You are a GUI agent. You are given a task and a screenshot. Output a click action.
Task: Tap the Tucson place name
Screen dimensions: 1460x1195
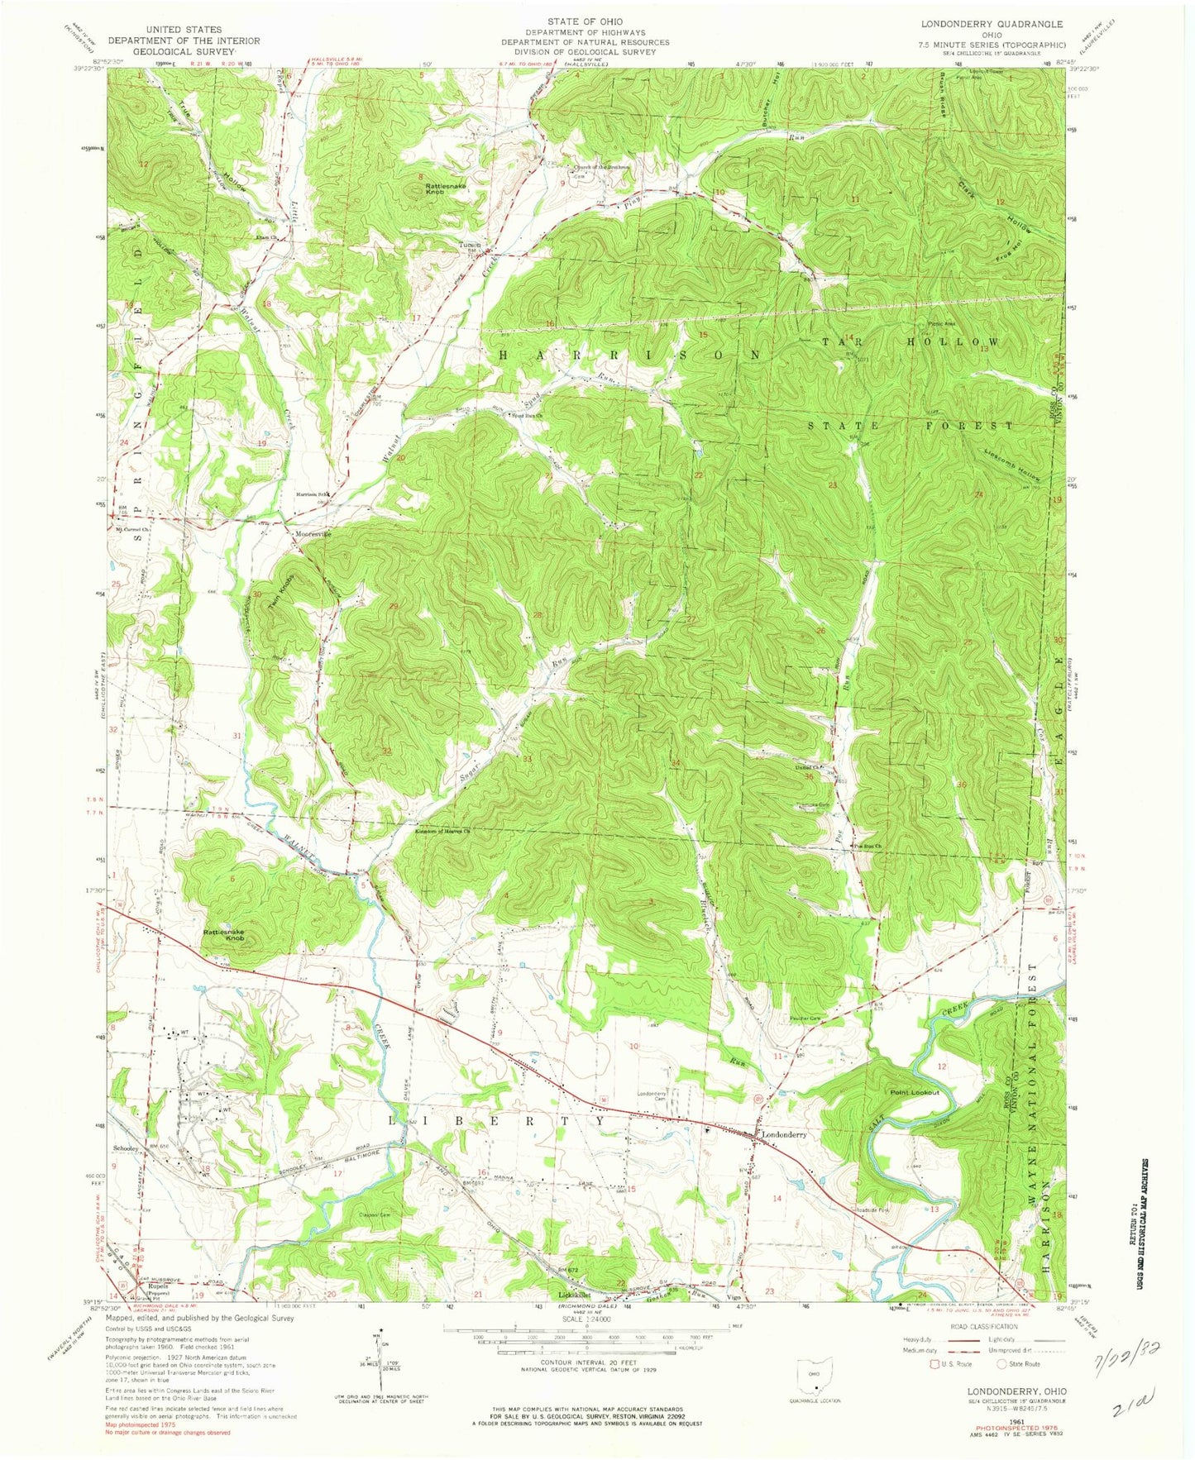tap(470, 246)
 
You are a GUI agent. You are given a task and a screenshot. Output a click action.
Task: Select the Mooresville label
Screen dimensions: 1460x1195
tap(313, 534)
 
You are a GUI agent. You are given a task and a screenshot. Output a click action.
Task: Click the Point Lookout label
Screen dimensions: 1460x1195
tap(914, 1093)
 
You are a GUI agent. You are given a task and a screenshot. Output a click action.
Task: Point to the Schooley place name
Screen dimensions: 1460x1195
tap(125, 1150)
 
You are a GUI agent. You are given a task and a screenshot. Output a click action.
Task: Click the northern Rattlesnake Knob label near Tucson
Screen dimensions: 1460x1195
tap(446, 188)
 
